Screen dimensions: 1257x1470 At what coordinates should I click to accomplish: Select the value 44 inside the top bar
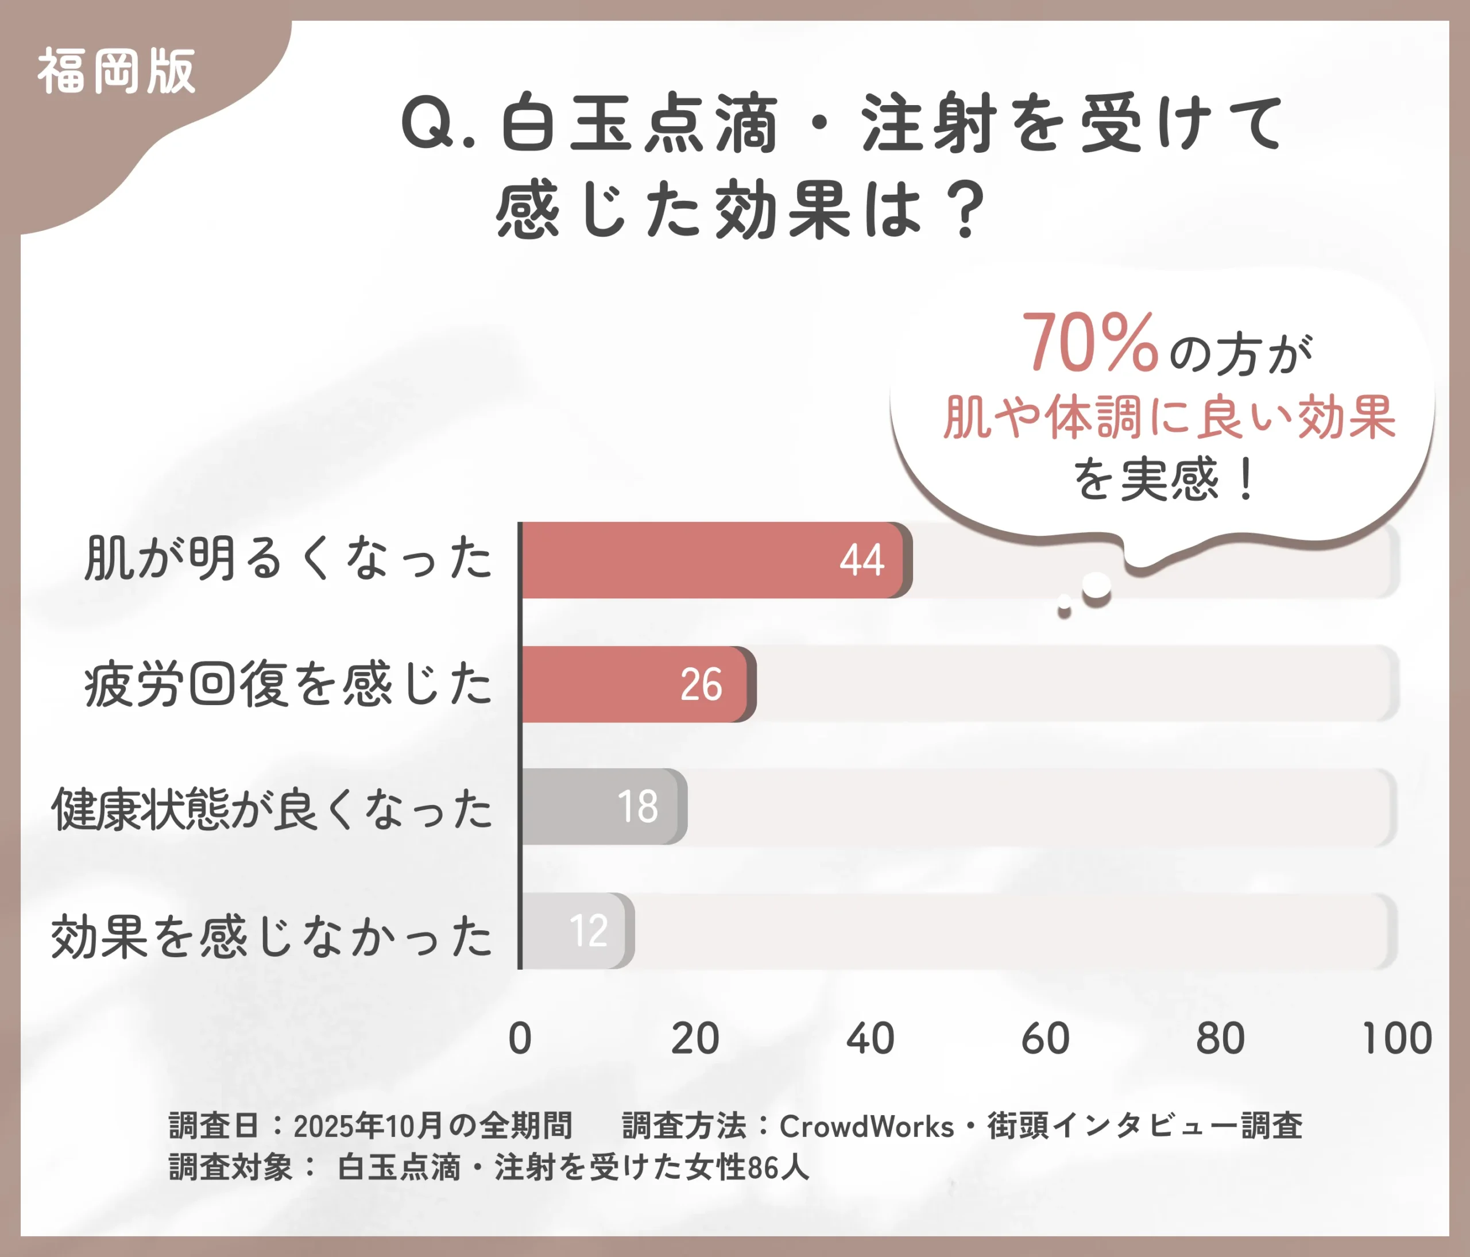click(861, 560)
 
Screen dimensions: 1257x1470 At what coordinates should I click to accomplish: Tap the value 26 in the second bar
click(701, 684)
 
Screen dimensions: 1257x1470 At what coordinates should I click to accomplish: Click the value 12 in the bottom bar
click(588, 931)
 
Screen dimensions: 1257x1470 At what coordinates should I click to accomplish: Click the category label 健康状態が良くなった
click(272, 809)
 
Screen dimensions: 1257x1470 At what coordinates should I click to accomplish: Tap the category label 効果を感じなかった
click(272, 937)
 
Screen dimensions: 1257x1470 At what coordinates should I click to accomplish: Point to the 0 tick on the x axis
click(520, 1039)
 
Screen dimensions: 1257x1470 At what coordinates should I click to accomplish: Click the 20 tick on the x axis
click(695, 1039)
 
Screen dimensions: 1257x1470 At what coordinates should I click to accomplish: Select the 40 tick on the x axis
click(871, 1039)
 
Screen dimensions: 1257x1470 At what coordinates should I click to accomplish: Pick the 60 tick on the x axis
click(1045, 1039)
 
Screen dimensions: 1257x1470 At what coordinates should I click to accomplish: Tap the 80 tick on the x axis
click(1220, 1039)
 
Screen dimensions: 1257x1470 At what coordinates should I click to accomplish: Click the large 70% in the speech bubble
click(1090, 343)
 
